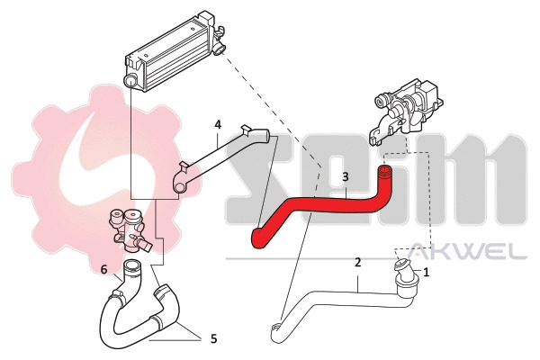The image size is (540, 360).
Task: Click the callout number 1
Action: point(427,270)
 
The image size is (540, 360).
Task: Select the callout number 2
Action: point(358,263)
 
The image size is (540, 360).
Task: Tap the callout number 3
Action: point(345,178)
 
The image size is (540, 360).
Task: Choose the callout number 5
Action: point(213,339)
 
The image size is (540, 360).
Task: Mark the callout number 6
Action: point(104,269)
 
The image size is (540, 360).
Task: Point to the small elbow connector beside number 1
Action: point(401,271)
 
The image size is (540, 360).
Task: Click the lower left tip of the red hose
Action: point(257,238)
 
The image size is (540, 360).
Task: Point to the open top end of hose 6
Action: point(132,266)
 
